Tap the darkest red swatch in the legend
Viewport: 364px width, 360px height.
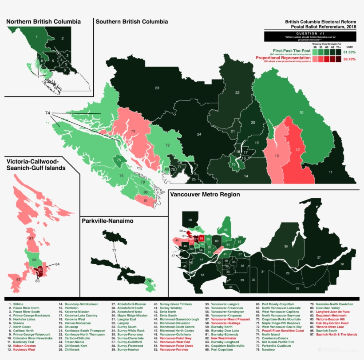[x=338, y=59]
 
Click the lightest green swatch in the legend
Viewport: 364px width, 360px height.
[x=315, y=52]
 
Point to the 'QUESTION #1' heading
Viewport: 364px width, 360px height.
[x=310, y=33]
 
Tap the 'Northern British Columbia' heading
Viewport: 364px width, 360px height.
[x=44, y=21]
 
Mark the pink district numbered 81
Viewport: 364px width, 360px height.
[x=146, y=201]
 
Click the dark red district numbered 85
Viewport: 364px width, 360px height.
[x=40, y=269]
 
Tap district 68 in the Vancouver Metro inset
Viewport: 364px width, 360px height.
[x=190, y=220]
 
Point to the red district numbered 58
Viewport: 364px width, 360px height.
[x=202, y=239]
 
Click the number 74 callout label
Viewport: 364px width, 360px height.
[x=47, y=113]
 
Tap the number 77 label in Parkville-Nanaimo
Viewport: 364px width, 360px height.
[x=114, y=251]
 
